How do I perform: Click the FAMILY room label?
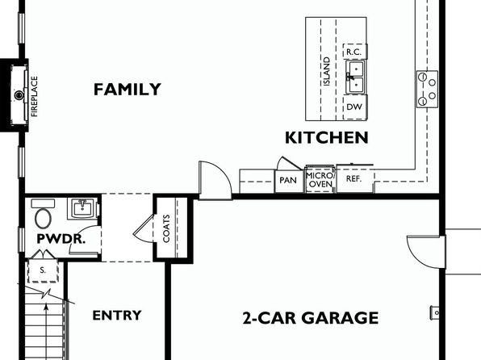(x=128, y=90)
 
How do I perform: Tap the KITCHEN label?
(x=327, y=137)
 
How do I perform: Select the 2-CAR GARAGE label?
(x=311, y=318)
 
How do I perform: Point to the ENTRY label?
(x=117, y=315)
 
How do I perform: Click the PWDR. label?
(x=61, y=239)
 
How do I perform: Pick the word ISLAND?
(x=327, y=72)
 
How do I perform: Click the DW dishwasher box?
(x=354, y=107)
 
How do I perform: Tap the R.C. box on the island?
(x=354, y=52)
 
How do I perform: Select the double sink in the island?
(x=355, y=77)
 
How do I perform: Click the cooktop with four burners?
(x=427, y=89)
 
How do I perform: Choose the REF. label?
(x=353, y=178)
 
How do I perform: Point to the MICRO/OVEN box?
(x=320, y=179)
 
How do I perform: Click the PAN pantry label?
(x=288, y=180)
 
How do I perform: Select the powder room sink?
(x=82, y=208)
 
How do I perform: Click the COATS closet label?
(x=166, y=228)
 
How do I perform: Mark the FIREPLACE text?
(x=35, y=96)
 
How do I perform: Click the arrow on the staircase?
(x=46, y=332)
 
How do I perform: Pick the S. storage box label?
(x=43, y=270)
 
